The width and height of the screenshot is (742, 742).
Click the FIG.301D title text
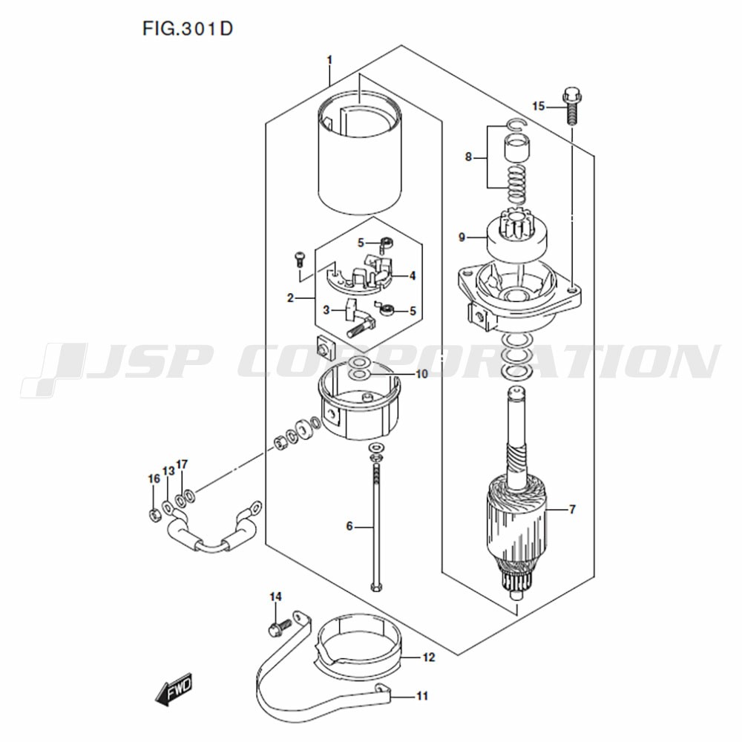pyautogui.click(x=188, y=29)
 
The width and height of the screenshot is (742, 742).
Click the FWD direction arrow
pyautogui.click(x=174, y=689)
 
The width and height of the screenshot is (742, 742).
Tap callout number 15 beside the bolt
pyautogui.click(x=539, y=106)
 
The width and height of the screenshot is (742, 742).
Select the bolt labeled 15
pyautogui.click(x=571, y=105)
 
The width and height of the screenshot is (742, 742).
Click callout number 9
pyautogui.click(x=462, y=237)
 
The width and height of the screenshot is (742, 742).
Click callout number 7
pyautogui.click(x=573, y=509)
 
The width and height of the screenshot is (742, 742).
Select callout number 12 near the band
pyautogui.click(x=429, y=657)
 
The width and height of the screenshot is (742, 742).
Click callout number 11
pyautogui.click(x=422, y=696)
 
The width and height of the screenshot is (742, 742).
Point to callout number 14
pyautogui.click(x=276, y=597)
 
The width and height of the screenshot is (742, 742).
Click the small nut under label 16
pyautogui.click(x=154, y=514)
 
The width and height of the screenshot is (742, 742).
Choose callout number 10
pyautogui.click(x=421, y=374)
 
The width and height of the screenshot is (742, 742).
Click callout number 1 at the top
pyautogui.click(x=329, y=60)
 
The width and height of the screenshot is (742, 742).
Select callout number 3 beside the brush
pyautogui.click(x=326, y=310)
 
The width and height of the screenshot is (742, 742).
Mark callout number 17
pyautogui.click(x=182, y=464)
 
